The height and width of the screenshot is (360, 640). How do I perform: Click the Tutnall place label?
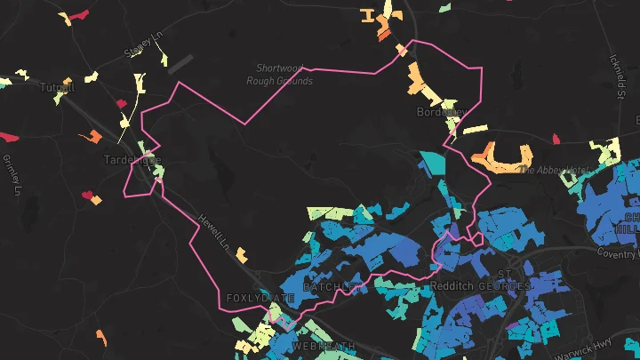[x=59, y=87]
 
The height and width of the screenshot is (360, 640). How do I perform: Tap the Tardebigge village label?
[x=132, y=160]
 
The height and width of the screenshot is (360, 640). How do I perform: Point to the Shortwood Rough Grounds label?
[x=284, y=74]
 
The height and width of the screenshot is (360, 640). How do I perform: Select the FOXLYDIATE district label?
[x=259, y=297]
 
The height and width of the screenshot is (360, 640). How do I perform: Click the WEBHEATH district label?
[x=324, y=345]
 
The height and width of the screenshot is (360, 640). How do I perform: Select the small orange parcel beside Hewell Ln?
[x=242, y=255]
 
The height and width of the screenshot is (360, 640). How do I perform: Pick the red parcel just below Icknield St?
[x=556, y=139]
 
